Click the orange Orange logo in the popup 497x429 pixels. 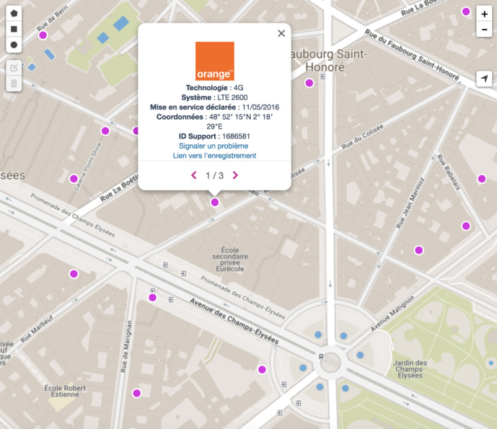214,61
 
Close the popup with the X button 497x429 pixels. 281,33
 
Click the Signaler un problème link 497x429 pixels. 214,146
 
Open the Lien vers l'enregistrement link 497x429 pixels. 214,155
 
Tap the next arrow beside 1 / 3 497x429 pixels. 235,175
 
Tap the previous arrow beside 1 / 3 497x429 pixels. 193,175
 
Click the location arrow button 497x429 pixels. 484,79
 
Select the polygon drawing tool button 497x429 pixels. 14,14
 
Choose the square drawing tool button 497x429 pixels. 14,30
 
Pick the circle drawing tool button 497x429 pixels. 14,45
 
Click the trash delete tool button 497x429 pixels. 14,83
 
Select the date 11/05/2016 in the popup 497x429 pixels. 261,107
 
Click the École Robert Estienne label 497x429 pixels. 65,392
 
